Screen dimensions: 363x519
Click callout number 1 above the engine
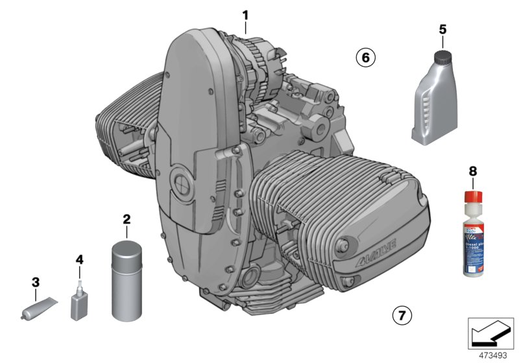click(x=245, y=14)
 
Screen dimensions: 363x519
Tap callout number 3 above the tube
click(x=36, y=282)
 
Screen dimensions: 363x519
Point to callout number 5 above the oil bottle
click(x=442, y=29)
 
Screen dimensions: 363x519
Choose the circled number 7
click(x=402, y=316)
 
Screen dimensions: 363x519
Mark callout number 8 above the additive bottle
click(x=472, y=172)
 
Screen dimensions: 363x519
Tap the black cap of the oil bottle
click(x=443, y=57)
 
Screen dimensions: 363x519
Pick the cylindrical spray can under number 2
click(x=127, y=282)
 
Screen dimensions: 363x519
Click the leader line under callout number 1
click(x=245, y=27)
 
